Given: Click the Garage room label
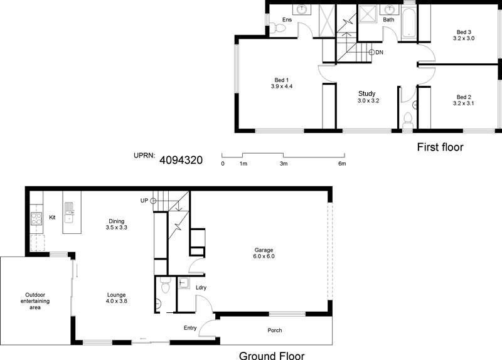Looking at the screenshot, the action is click(x=264, y=250).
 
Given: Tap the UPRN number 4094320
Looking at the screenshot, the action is click(x=181, y=160).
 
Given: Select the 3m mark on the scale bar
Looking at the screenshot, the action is click(x=284, y=164).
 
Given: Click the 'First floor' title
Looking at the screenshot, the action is click(x=441, y=147).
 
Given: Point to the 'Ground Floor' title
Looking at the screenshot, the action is click(x=272, y=356).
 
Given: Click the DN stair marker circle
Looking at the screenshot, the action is click(x=371, y=52).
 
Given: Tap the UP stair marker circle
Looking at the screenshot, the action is click(x=153, y=201).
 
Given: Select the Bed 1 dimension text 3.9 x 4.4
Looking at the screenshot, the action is click(x=282, y=87).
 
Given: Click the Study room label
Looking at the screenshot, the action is click(x=367, y=93).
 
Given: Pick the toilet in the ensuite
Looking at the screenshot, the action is click(x=277, y=28).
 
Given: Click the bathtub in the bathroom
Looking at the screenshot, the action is click(x=409, y=23).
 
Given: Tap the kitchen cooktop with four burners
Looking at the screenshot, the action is click(x=36, y=219).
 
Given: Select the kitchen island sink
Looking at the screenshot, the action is click(x=69, y=213).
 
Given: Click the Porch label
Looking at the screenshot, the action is click(x=275, y=331).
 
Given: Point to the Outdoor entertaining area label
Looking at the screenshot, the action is click(x=35, y=301).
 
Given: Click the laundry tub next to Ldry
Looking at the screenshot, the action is click(x=184, y=283).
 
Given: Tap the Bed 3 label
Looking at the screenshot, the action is click(x=464, y=32).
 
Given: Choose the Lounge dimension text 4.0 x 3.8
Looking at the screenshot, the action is click(x=117, y=301).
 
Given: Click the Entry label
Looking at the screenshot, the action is click(x=190, y=328).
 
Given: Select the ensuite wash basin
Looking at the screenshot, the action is click(x=302, y=9).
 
